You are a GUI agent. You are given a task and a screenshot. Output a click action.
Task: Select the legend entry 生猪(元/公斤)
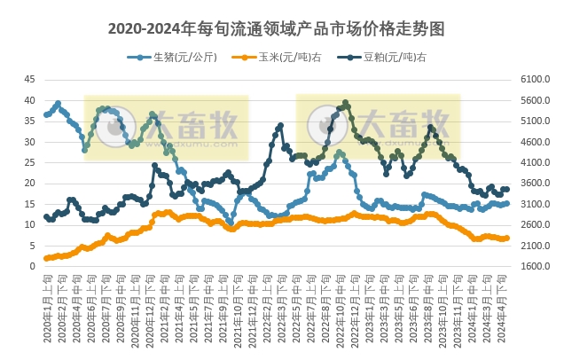click(178, 58)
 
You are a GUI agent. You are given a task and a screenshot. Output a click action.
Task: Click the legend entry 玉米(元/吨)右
click(276, 58)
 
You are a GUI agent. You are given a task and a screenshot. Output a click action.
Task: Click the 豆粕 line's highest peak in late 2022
click(345, 103)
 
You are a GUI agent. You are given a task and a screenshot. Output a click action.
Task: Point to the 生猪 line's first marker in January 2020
click(45, 115)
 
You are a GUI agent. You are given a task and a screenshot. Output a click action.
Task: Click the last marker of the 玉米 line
click(506, 238)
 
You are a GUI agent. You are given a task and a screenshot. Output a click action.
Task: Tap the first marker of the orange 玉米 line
click(45, 258)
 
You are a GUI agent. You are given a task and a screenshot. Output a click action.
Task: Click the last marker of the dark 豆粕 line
click(506, 189)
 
